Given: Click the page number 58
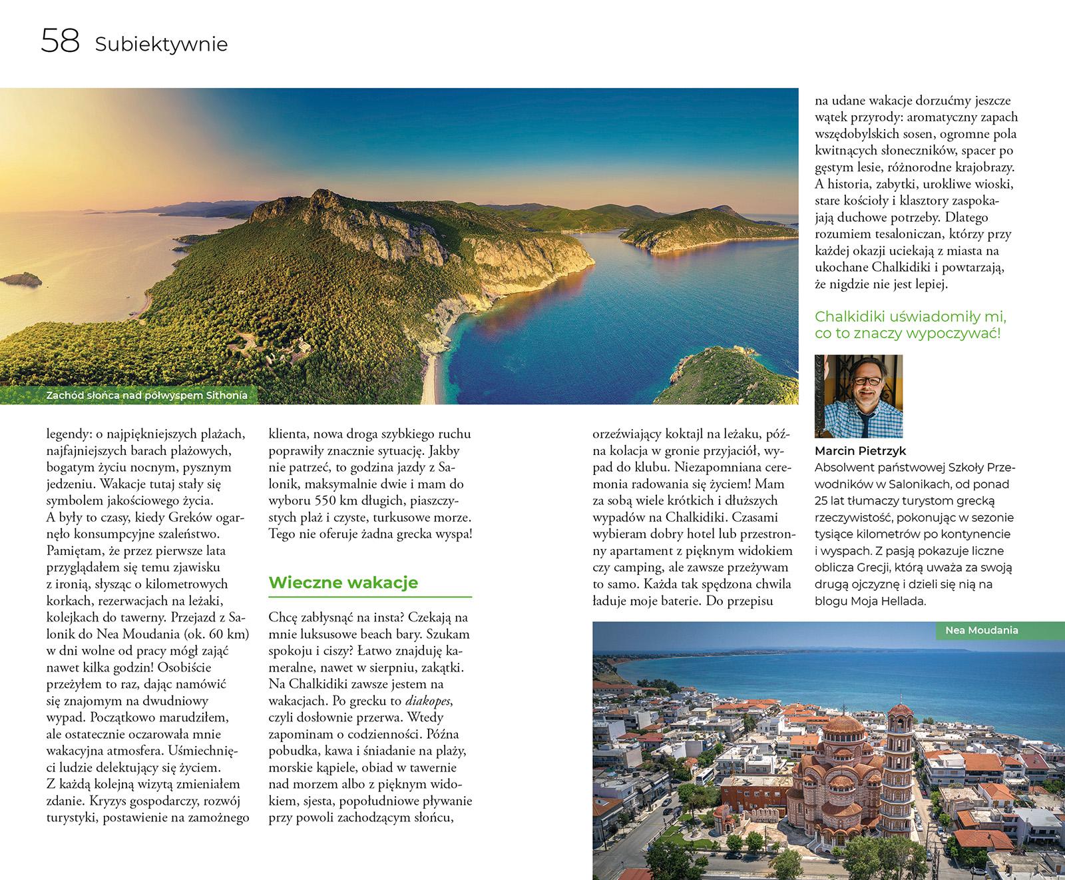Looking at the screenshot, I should point(60,41).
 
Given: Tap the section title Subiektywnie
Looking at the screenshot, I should point(161,45).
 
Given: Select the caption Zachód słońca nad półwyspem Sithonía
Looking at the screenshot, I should point(146,396).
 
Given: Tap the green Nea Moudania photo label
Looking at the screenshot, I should point(982,630).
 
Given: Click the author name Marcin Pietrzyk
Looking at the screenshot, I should point(861,451).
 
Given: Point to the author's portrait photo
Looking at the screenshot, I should point(859,396).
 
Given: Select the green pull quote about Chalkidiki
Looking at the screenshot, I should point(911,324).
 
